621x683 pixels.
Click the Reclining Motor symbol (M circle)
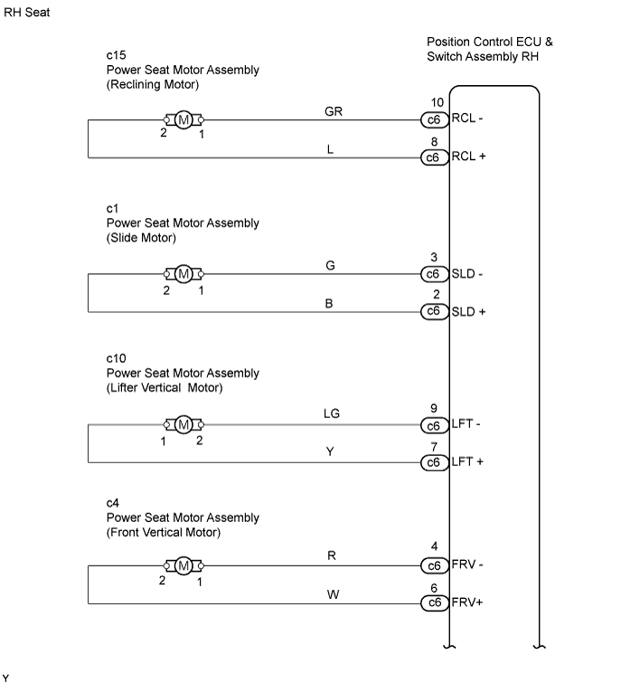183,119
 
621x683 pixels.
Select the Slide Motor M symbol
183,274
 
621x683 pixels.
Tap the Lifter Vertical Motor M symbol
183,424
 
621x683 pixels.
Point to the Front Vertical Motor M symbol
183,565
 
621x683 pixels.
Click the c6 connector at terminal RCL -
434,119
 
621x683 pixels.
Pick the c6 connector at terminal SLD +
434,311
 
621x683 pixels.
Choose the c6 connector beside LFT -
434,425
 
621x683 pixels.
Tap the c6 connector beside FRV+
434,602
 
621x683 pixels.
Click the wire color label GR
334,111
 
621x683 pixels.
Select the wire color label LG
332,413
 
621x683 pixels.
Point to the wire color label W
333,594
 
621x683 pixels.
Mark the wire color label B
329,304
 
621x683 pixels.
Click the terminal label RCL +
468,156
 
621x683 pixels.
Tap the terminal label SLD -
467,274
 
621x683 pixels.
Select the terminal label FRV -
467,564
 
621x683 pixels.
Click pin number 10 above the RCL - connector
437,102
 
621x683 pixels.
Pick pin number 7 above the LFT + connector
434,447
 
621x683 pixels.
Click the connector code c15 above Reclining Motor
117,55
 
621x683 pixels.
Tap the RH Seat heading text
27,12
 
